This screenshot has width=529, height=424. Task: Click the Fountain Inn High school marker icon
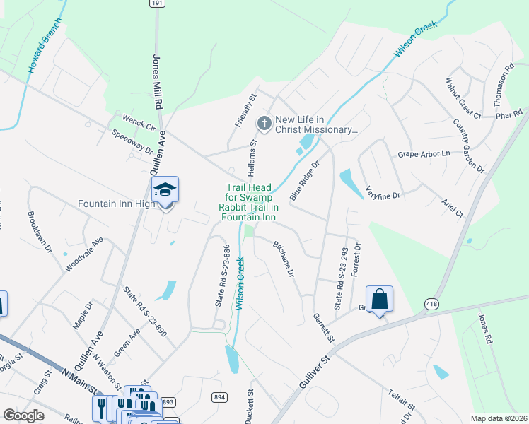165,189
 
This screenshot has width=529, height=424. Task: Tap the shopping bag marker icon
379,299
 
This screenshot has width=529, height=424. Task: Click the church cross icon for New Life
264,124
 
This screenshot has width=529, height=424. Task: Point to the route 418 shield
431,304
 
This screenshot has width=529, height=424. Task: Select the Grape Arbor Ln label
424,153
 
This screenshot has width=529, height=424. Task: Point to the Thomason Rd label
508,83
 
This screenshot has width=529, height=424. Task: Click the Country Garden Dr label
468,147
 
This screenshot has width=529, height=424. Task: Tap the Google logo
23,416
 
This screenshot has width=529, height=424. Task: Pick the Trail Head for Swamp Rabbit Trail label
248,202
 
